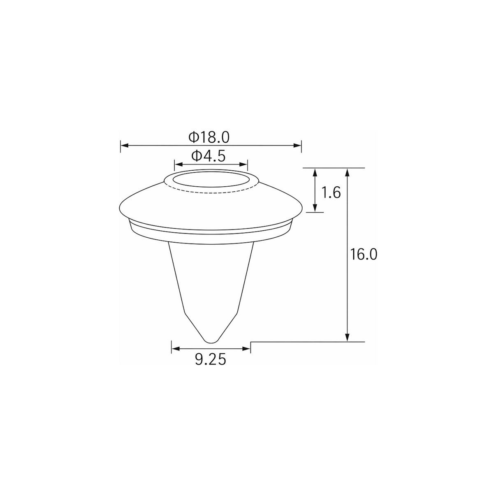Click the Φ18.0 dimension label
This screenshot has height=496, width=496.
[x=209, y=137]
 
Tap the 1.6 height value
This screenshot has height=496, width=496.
[x=331, y=192]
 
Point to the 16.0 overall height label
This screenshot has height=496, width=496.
[x=364, y=254]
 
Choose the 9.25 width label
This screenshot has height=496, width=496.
[x=211, y=359]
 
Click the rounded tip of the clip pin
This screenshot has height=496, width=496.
[x=211, y=341]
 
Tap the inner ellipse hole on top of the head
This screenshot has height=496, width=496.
[x=211, y=179]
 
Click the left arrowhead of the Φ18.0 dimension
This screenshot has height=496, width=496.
[x=125, y=146]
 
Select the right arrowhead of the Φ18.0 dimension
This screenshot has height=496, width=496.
[x=297, y=146]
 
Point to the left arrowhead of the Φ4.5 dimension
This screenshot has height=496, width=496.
[x=178, y=165]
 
